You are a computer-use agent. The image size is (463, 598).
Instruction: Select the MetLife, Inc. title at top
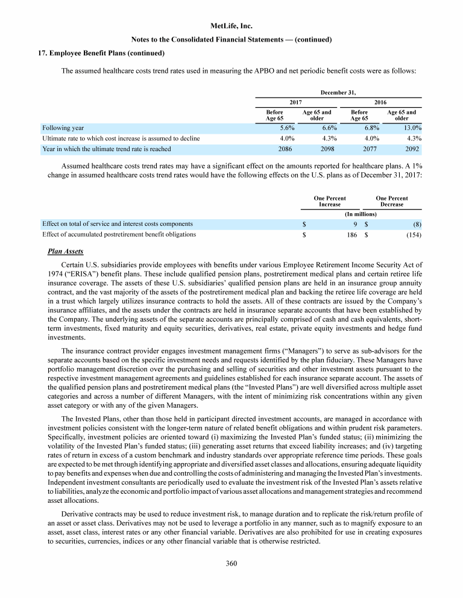[x=231, y=26]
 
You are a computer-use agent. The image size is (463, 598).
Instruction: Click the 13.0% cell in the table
[x=411, y=128]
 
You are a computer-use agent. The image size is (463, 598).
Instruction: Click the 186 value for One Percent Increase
[x=352, y=234]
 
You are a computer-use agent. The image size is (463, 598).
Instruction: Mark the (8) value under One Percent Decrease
[x=416, y=223]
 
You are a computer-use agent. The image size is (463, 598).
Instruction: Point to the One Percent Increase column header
[x=330, y=201]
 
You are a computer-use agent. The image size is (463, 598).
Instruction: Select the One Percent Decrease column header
[x=391, y=201]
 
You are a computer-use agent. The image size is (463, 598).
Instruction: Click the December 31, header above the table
[x=338, y=93]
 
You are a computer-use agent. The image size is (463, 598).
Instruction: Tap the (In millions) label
[x=361, y=214]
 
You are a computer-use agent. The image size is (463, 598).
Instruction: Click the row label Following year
[x=63, y=128]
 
